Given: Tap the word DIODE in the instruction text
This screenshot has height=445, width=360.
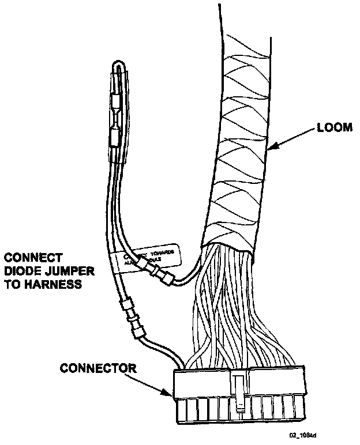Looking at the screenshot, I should (x=22, y=270).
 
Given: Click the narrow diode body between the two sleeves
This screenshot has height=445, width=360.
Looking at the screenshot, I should (x=116, y=120).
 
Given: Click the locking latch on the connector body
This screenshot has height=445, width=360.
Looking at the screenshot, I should (x=239, y=395).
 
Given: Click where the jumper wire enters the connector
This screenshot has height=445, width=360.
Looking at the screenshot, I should (x=184, y=367).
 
